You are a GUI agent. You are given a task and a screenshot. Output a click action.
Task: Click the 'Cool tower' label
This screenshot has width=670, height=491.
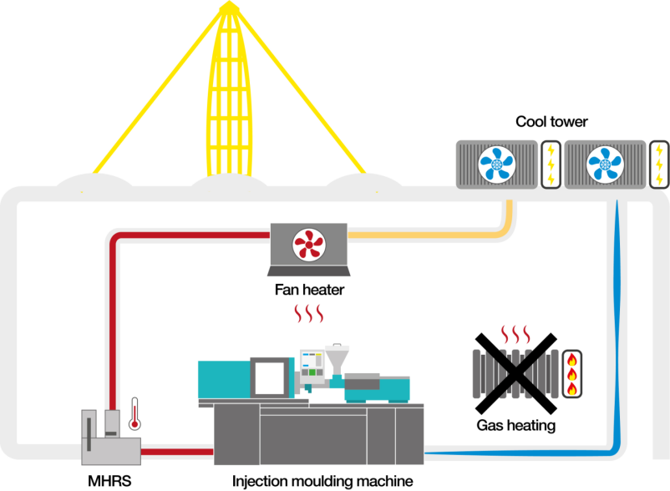(551, 122)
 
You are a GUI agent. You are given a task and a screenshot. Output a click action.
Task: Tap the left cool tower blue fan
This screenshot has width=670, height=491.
(496, 165)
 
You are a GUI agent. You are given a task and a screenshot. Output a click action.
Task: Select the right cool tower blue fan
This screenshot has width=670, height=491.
(605, 165)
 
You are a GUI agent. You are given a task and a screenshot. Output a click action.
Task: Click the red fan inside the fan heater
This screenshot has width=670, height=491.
(309, 245)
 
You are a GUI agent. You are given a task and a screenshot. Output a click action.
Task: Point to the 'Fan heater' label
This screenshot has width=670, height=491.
(309, 290)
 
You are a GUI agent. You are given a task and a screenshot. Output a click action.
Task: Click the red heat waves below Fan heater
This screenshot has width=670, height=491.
(309, 314)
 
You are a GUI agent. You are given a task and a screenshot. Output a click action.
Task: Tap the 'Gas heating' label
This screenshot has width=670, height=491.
(516, 425)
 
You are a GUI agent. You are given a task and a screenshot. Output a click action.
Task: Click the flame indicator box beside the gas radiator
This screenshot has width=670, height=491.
(571, 374)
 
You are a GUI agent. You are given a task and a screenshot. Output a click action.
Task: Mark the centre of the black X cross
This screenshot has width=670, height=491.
(516, 373)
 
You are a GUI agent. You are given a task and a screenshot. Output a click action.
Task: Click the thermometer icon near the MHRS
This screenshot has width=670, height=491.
(135, 413)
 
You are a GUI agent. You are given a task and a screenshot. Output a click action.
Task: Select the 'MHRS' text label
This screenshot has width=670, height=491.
(109, 481)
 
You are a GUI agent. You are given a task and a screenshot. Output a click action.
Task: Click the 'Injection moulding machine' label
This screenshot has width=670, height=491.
(322, 481)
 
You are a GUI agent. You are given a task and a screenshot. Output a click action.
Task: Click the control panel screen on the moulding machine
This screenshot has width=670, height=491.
(312, 363)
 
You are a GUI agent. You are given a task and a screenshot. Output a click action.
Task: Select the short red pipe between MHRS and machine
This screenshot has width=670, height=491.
(177, 452)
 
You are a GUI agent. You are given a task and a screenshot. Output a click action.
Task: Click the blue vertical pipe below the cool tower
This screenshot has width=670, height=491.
(617, 325)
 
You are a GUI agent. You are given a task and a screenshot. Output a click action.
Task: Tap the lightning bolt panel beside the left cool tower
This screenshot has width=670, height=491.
(551, 165)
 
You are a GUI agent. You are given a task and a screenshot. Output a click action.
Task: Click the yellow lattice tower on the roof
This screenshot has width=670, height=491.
(229, 89)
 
